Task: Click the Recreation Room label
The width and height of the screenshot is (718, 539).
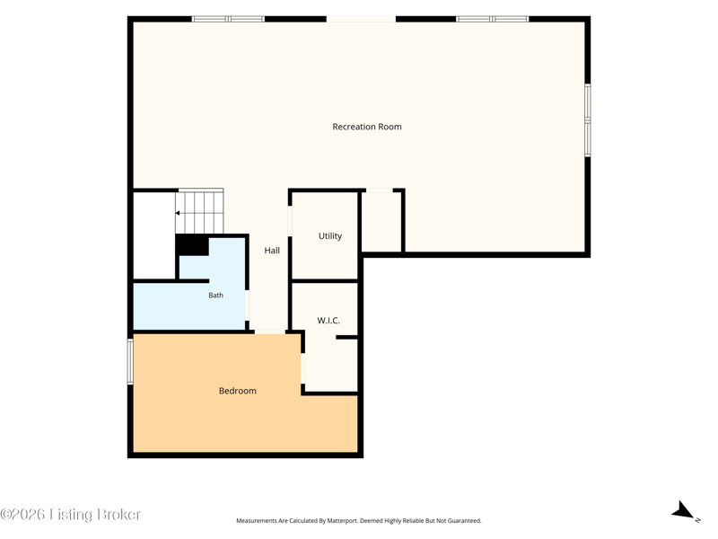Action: click(367, 127)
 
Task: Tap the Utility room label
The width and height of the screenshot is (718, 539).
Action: click(330, 236)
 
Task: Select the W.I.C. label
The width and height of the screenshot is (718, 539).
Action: click(328, 321)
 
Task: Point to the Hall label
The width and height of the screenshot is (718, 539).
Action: click(272, 251)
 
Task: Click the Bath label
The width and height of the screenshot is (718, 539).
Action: click(215, 296)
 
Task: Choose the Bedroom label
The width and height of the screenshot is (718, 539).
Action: click(238, 391)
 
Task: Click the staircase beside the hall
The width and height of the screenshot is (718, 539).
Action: click(199, 211)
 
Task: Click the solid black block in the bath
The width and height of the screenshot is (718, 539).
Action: click(192, 244)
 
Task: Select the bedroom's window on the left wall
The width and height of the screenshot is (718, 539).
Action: click(130, 362)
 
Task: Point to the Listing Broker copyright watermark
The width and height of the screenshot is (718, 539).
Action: click(70, 514)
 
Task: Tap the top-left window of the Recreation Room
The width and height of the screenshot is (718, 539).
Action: click(228, 19)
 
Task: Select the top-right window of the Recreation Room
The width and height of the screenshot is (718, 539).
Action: click(492, 19)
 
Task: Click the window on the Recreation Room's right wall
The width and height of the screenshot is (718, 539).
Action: click(588, 120)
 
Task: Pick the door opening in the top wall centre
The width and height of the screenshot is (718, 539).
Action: click(361, 19)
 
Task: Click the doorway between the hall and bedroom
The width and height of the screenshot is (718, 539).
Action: click(270, 331)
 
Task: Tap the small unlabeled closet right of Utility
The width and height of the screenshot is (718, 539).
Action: click(381, 221)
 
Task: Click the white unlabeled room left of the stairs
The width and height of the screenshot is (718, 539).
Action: click(154, 235)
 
